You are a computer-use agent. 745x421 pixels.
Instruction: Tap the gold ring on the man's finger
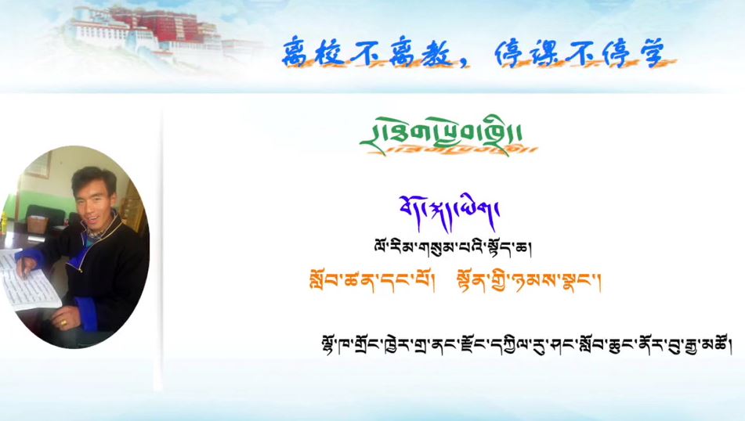[x=63, y=321]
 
